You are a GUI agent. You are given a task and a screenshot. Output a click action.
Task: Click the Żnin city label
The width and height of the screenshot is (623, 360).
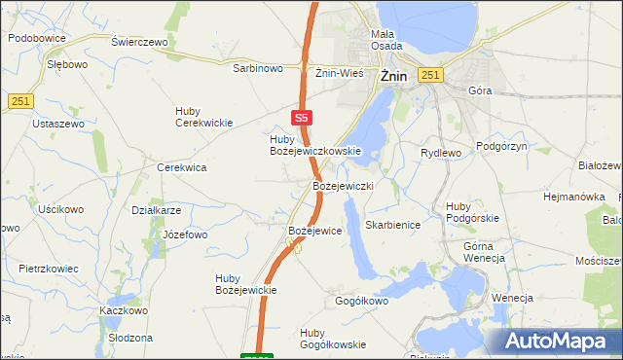click(x=392, y=75)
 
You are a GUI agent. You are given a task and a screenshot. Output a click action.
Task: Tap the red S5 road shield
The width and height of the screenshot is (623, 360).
click(x=302, y=117)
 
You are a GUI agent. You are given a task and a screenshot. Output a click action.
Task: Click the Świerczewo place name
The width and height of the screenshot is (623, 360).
click(x=140, y=43)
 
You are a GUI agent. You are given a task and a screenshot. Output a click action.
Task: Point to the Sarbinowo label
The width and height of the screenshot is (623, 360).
click(x=257, y=69)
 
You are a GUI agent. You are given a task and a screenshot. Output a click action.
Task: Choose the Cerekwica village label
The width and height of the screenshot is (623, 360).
click(x=182, y=167)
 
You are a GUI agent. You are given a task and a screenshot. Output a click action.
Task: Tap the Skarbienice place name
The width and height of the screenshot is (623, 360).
click(x=392, y=225)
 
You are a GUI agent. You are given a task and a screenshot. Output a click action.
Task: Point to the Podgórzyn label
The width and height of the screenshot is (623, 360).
click(x=501, y=146)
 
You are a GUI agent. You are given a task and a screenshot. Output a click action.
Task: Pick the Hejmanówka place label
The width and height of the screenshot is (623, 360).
click(x=574, y=197)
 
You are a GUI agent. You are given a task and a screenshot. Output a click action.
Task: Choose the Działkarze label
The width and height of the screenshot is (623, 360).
click(x=157, y=209)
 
